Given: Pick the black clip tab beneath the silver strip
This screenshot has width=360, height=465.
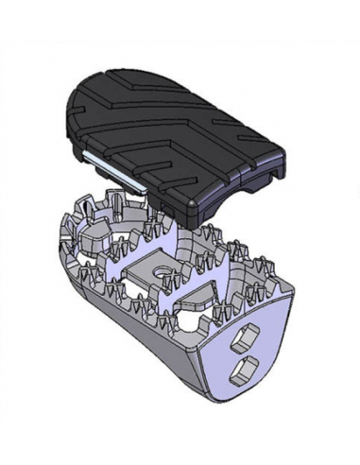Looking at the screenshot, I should (x=108, y=179).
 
